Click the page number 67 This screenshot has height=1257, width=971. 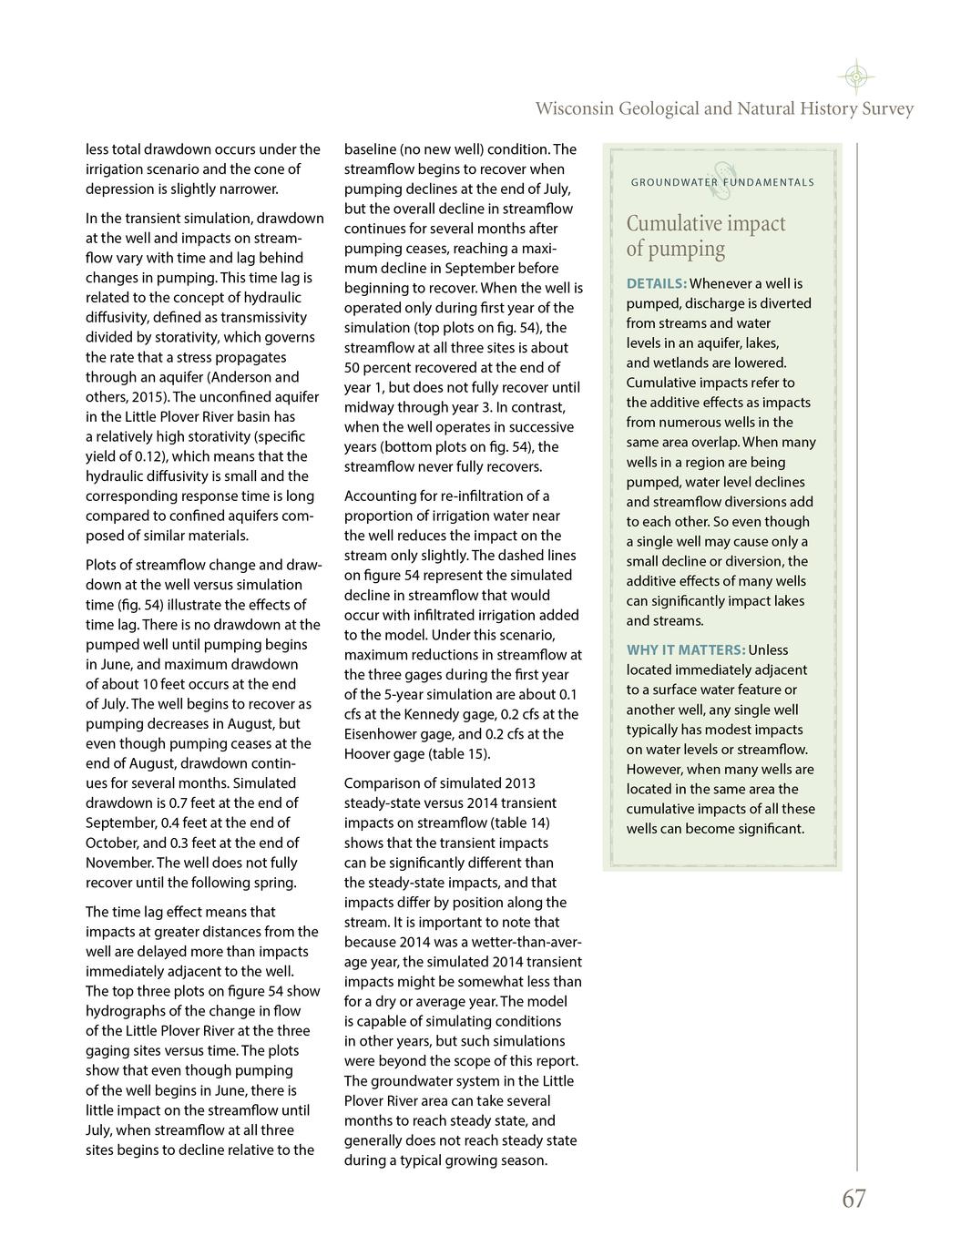click(x=853, y=1199)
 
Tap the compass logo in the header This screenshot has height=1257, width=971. click(x=855, y=77)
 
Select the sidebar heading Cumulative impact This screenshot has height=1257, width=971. click(x=705, y=224)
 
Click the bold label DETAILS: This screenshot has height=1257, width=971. click(x=656, y=284)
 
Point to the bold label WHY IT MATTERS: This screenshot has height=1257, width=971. click(x=685, y=650)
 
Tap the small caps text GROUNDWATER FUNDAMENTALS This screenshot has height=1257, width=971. click(x=722, y=182)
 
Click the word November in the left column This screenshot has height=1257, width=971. click(x=118, y=863)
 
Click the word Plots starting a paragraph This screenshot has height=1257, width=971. click(x=102, y=565)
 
